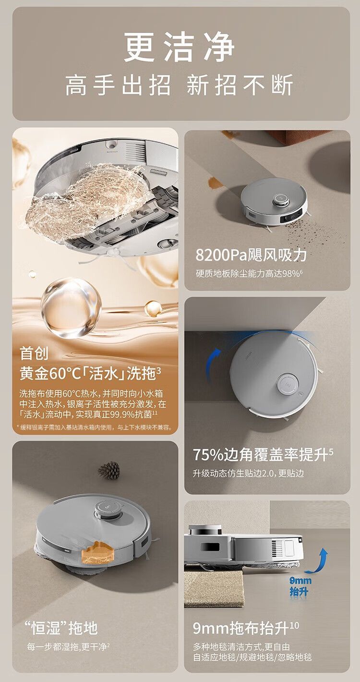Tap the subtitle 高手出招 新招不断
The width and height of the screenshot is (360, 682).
point(180,85)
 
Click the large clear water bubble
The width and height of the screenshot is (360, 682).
point(71,308)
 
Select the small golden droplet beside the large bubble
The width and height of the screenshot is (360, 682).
point(153,308)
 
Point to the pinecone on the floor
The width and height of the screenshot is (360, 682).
point(109,470)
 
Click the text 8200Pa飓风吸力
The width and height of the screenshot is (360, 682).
point(251,255)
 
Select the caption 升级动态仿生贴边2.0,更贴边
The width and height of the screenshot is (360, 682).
point(248,474)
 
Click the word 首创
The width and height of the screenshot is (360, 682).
point(34,353)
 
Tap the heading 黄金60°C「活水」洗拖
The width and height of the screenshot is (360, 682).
point(90,373)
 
